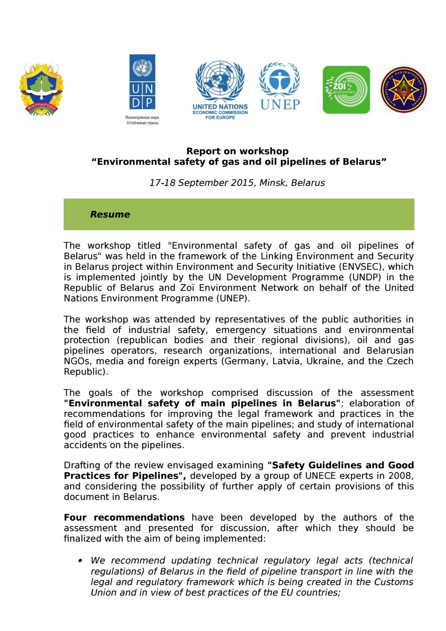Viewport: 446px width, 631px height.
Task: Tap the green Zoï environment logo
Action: (346, 90)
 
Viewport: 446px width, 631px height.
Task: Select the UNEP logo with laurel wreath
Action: (279, 87)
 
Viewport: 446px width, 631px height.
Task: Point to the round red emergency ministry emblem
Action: (404, 90)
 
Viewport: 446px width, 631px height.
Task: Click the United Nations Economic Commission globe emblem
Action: (220, 84)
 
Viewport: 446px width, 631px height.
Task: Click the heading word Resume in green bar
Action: (110, 215)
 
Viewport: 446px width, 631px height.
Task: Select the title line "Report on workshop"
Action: (237, 151)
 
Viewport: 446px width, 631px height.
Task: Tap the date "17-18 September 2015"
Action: (202, 183)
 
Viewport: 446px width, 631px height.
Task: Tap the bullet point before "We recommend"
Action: (80, 561)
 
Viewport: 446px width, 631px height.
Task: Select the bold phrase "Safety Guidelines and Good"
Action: (341, 465)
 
